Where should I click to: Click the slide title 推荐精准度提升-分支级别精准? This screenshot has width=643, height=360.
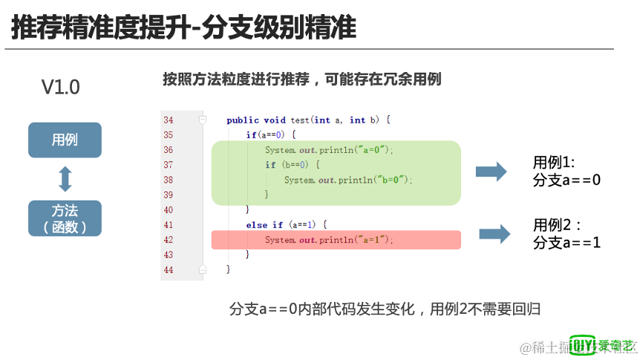(183, 27)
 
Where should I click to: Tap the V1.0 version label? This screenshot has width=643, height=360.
(60, 87)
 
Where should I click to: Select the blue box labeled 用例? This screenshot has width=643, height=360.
(65, 140)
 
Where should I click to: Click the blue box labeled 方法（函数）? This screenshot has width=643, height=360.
(65, 218)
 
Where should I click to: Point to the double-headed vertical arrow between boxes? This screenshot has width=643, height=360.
(65, 179)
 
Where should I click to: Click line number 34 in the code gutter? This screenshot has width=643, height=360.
(168, 120)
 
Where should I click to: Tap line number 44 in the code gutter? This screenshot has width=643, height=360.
(168, 270)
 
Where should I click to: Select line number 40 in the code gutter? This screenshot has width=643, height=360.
(168, 210)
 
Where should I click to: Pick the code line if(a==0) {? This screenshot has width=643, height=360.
(271, 134)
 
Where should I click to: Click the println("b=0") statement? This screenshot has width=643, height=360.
(347, 180)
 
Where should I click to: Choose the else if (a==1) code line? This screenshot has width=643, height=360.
(286, 225)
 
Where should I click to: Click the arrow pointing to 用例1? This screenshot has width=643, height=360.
(491, 172)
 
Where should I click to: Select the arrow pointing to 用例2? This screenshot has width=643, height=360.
(495, 234)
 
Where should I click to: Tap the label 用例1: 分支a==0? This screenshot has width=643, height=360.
(566, 171)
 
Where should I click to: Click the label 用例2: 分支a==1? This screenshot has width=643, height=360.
(566, 233)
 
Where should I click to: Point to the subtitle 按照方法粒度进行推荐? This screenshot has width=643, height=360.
(301, 79)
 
